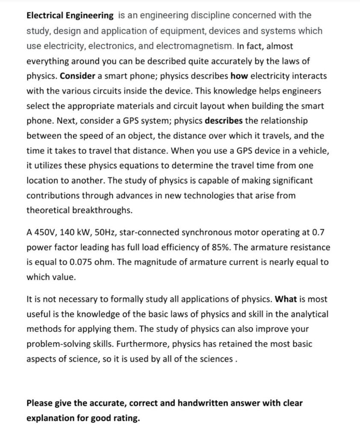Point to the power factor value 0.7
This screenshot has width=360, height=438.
[319, 233]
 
